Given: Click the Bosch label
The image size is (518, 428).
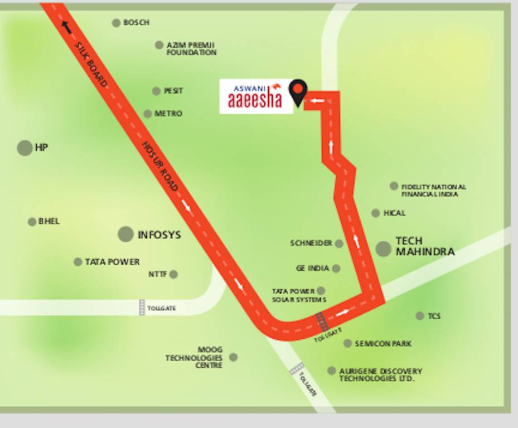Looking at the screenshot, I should point(136,23).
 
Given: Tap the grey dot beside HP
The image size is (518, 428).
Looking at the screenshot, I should point(25,148).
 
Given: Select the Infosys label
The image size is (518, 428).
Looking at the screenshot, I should point(159,235).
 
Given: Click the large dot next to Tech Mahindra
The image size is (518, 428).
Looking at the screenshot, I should point(383,249).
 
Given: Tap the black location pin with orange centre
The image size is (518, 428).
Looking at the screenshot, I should point(298,92).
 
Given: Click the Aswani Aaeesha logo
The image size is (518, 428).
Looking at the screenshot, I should point(256,96).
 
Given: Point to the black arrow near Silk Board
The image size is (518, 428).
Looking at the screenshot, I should point(66,27).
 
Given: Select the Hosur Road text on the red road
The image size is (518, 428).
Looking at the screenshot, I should point(160,166).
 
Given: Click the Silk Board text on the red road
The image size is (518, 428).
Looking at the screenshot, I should point(90,65).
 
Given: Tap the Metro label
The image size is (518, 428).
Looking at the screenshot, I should point(168,114).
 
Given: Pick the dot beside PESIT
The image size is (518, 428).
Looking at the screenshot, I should point(156,91).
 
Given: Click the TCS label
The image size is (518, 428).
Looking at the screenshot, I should point(434,316).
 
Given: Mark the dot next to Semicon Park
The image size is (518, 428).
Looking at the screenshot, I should point(347,343).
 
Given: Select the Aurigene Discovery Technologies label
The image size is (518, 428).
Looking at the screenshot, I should point(380,374).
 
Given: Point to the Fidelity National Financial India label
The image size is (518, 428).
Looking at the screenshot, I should point(433,191).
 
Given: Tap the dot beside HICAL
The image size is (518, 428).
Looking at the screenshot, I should point(375,213).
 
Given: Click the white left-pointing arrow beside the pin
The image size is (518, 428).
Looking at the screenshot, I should point(317,101).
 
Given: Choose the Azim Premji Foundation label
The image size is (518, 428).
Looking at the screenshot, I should point(191,48).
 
